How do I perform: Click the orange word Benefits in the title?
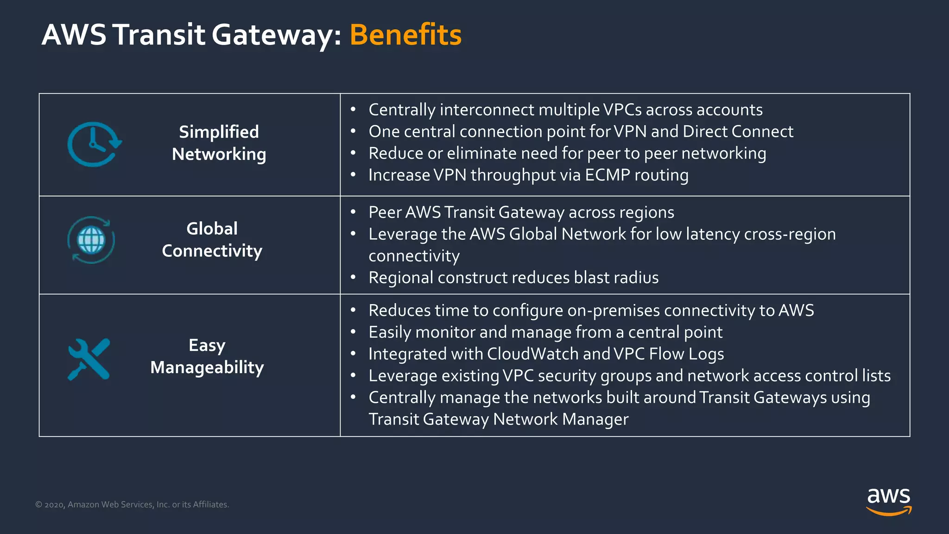pos(405,35)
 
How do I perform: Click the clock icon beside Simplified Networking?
pos(95,145)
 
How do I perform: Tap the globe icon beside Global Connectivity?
pos(91,240)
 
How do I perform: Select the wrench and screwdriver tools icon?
pos(89,359)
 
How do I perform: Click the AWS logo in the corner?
pos(889,501)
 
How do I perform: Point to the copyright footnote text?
pos(132,504)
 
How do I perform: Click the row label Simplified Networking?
pos(219,143)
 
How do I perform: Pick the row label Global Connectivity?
pos(212,240)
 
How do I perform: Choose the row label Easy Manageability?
pos(207,356)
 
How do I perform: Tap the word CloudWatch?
pos(533,354)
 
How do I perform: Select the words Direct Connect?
pos(738,132)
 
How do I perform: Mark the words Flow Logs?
pos(686,354)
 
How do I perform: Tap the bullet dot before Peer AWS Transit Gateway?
pos(353,212)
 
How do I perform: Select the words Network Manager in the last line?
pos(561,420)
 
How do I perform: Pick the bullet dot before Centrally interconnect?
pos(353,110)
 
